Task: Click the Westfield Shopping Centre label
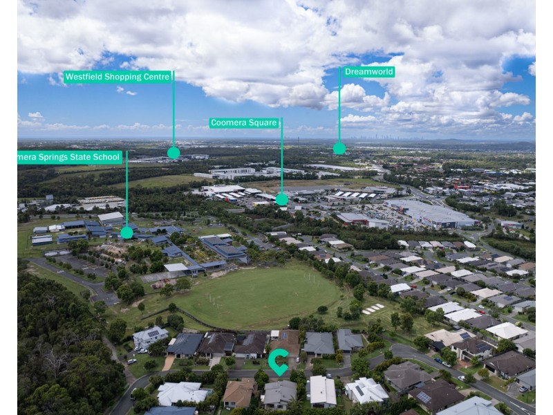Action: [117, 77]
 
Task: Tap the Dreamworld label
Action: [369, 71]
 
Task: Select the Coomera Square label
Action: [244, 123]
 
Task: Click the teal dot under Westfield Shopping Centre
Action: [174, 153]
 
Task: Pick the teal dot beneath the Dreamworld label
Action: [339, 148]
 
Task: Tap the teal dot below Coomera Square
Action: [282, 199]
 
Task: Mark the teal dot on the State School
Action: [126, 232]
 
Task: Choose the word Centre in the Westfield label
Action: [157, 77]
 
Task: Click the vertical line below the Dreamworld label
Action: [339, 111]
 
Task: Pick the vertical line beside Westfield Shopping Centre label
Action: [174, 111]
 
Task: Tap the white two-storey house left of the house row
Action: [150, 338]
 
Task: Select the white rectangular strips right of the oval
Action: [373, 308]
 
